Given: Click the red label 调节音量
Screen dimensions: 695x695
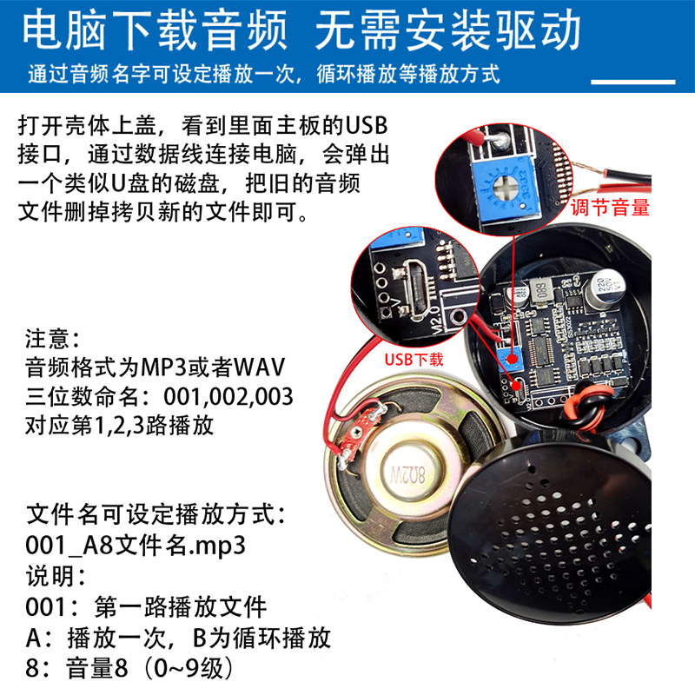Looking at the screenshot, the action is click(x=610, y=208).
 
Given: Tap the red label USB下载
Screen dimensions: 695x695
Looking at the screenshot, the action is click(x=414, y=360).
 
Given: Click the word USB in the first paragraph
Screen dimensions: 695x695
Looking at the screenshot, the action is click(x=367, y=125).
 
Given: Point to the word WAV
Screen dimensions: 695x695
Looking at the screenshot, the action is click(x=259, y=367).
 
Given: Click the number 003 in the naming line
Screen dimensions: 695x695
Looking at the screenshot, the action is click(x=275, y=396).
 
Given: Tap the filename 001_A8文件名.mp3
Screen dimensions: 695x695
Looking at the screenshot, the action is click(x=136, y=546).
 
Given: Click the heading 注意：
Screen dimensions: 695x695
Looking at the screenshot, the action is click(x=52, y=339).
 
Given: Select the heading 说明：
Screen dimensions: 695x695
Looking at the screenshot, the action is click(x=56, y=576).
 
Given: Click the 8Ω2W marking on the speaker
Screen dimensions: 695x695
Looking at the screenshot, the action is click(x=407, y=476).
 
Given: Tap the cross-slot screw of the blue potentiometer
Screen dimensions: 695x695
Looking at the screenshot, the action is click(x=505, y=187).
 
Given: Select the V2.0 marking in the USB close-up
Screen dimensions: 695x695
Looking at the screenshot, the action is click(x=436, y=320).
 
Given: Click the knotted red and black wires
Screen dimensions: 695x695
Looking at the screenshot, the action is click(x=586, y=407).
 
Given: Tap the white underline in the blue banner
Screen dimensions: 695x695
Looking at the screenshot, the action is click(x=633, y=82).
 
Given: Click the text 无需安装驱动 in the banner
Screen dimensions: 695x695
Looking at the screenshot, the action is click(x=447, y=30).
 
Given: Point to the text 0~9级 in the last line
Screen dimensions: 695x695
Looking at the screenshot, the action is click(x=191, y=668).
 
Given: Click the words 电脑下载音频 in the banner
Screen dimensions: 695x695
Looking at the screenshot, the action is click(x=155, y=30).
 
